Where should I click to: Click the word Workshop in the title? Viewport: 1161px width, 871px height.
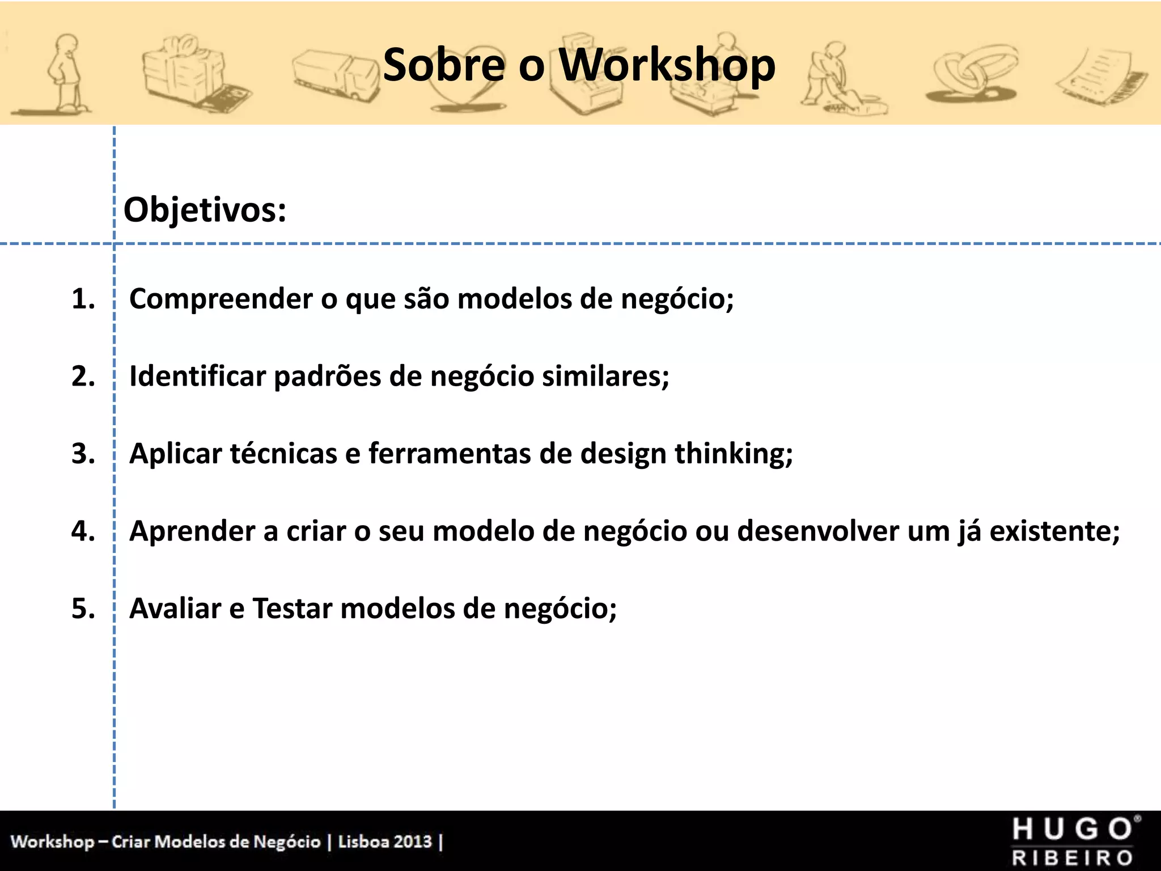667,65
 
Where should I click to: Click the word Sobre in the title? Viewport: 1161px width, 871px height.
443,65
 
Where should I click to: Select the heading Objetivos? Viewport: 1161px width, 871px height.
205,210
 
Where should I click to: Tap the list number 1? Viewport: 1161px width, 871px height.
83,299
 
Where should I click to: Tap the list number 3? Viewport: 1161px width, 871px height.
83,454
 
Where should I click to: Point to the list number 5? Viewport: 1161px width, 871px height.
83,608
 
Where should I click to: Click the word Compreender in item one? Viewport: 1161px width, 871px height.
221,299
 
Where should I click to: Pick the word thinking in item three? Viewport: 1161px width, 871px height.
732,454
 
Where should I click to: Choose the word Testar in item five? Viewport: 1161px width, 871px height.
292,608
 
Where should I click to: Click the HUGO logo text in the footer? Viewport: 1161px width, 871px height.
1074,829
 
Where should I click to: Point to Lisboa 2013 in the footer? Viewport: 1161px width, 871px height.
385,841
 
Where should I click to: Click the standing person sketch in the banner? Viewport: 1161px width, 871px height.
65,74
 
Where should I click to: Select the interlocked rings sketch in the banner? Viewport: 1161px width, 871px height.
971,74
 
